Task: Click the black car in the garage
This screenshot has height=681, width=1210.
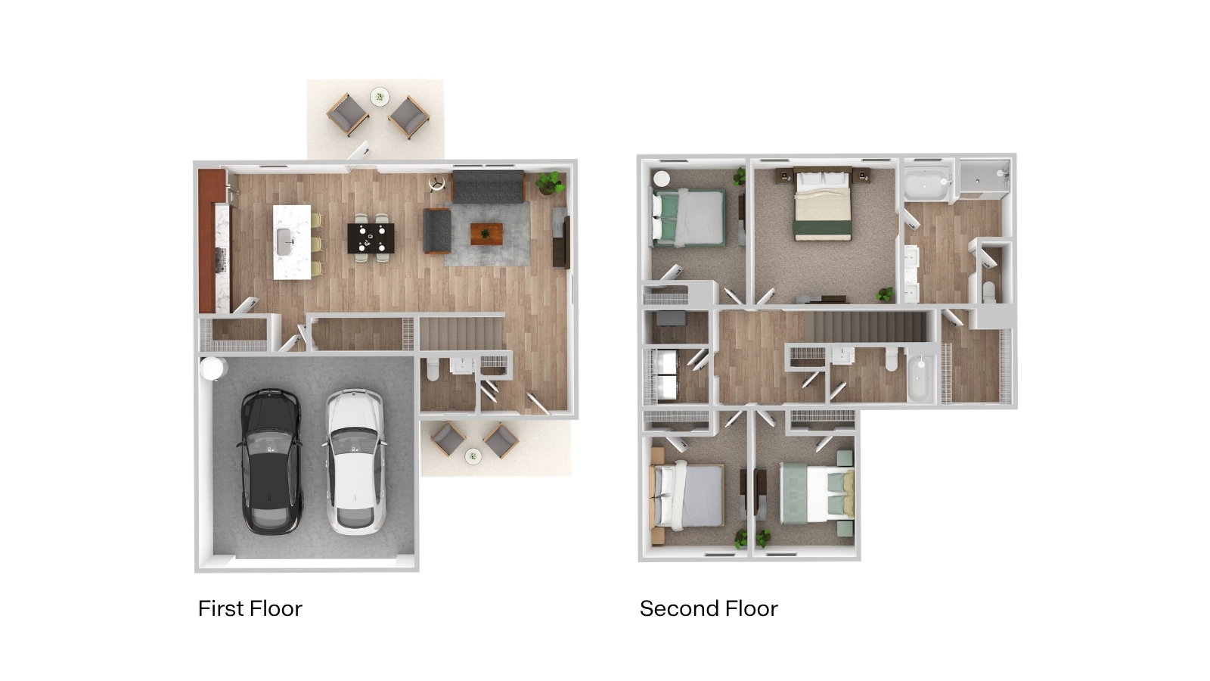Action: pyautogui.click(x=269, y=462)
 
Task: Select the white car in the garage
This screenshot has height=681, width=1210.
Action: pyautogui.click(x=355, y=462)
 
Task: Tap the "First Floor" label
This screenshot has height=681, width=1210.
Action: pyautogui.click(x=250, y=608)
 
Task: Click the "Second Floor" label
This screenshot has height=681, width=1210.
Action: pyautogui.click(x=709, y=608)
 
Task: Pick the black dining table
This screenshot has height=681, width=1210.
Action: pyautogui.click(x=371, y=238)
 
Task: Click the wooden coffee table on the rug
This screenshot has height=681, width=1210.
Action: pyautogui.click(x=486, y=234)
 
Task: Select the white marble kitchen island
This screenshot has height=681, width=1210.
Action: pyautogui.click(x=292, y=241)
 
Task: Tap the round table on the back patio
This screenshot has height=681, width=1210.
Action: pyautogui.click(x=380, y=98)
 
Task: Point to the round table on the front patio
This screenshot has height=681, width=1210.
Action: pyautogui.click(x=473, y=456)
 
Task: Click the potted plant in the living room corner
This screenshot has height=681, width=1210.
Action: pyautogui.click(x=550, y=182)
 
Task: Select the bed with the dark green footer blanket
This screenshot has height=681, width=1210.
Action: pyautogui.click(x=823, y=205)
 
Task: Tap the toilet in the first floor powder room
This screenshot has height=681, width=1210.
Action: pyautogui.click(x=433, y=368)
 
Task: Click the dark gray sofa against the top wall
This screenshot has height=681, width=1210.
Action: pyautogui.click(x=489, y=187)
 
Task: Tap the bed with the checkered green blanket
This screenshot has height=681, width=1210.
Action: pyautogui.click(x=817, y=493)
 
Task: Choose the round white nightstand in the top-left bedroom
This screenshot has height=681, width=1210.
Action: pyautogui.click(x=661, y=179)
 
